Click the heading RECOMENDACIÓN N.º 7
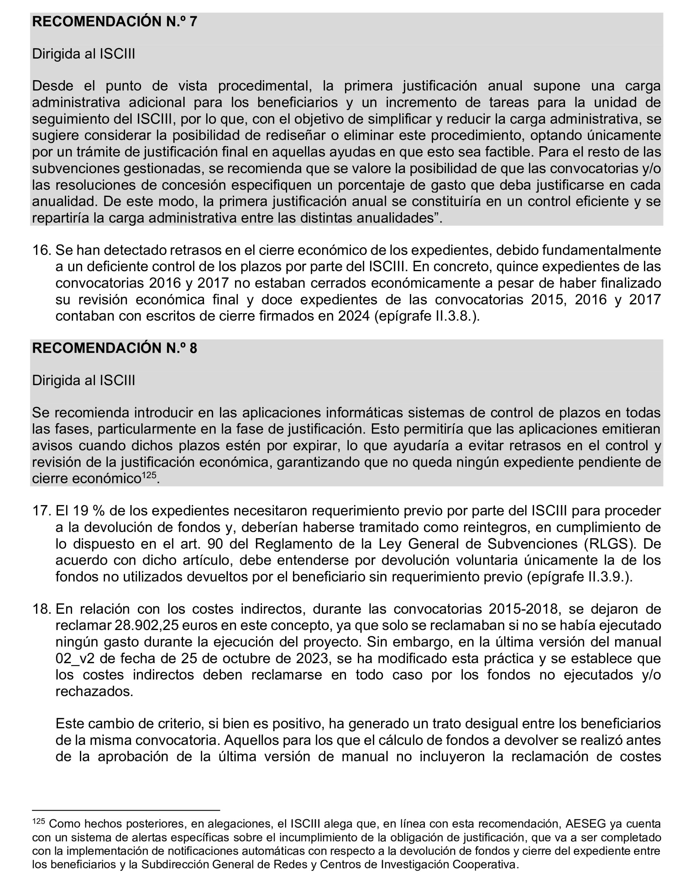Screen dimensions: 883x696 coord(115,22)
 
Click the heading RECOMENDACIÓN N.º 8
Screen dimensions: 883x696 coord(115,348)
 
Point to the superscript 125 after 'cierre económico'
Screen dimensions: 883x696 coord(149,475)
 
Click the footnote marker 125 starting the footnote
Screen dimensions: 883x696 coord(39,821)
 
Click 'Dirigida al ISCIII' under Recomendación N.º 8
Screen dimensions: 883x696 coord(83,380)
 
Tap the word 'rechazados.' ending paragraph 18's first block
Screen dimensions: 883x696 coord(95,692)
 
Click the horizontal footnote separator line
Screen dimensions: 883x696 coord(126,810)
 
